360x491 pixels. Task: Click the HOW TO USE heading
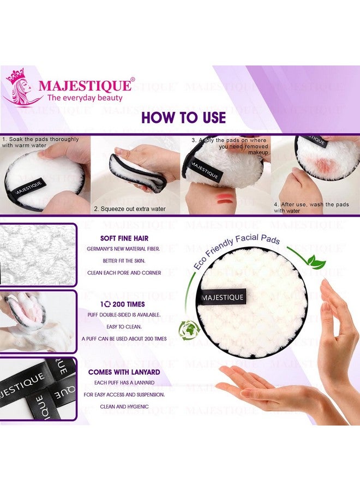click(x=183, y=117)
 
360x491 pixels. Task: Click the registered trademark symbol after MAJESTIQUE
click(x=133, y=80)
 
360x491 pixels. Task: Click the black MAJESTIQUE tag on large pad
click(x=223, y=298)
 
